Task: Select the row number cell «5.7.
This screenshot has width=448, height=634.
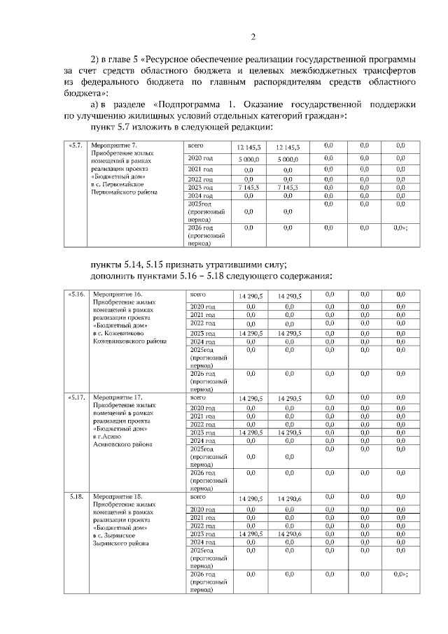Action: (x=75, y=146)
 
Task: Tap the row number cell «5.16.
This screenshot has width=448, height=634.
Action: (x=76, y=295)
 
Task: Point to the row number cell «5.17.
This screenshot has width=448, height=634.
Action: (x=76, y=397)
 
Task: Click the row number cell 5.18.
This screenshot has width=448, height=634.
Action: (x=76, y=497)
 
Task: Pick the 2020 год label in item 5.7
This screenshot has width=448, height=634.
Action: (x=202, y=159)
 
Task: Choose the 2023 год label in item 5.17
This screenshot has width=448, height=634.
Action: (x=202, y=432)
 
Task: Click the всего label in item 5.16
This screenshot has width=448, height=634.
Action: (x=197, y=295)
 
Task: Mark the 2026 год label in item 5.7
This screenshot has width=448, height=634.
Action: (x=202, y=228)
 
